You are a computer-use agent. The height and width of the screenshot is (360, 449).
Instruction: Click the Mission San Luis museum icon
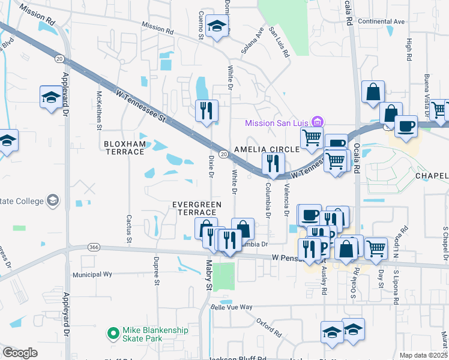(x=318, y=122)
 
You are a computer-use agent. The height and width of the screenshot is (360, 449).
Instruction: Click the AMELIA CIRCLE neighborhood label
(x=267, y=149)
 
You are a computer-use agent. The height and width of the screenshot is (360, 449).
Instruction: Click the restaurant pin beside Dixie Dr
(x=206, y=111)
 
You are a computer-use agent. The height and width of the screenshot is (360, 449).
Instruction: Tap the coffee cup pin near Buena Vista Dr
(x=406, y=127)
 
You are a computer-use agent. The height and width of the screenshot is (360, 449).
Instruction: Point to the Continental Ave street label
(x=381, y=21)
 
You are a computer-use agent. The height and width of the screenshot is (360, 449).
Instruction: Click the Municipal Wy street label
(x=92, y=274)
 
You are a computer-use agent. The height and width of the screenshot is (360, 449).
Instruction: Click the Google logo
(x=20, y=352)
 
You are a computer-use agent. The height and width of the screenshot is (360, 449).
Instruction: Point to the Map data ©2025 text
(x=423, y=355)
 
